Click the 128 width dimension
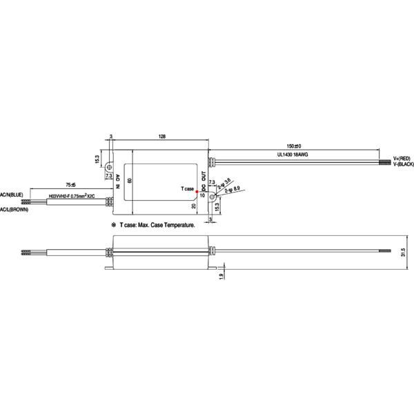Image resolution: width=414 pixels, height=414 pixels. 161,137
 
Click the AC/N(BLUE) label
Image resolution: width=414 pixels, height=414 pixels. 12,195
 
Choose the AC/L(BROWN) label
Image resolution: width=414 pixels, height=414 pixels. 14,208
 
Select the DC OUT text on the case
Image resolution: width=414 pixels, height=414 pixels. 204,181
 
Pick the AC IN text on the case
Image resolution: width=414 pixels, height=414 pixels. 118,181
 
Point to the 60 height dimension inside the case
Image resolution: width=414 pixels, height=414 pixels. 129,181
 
